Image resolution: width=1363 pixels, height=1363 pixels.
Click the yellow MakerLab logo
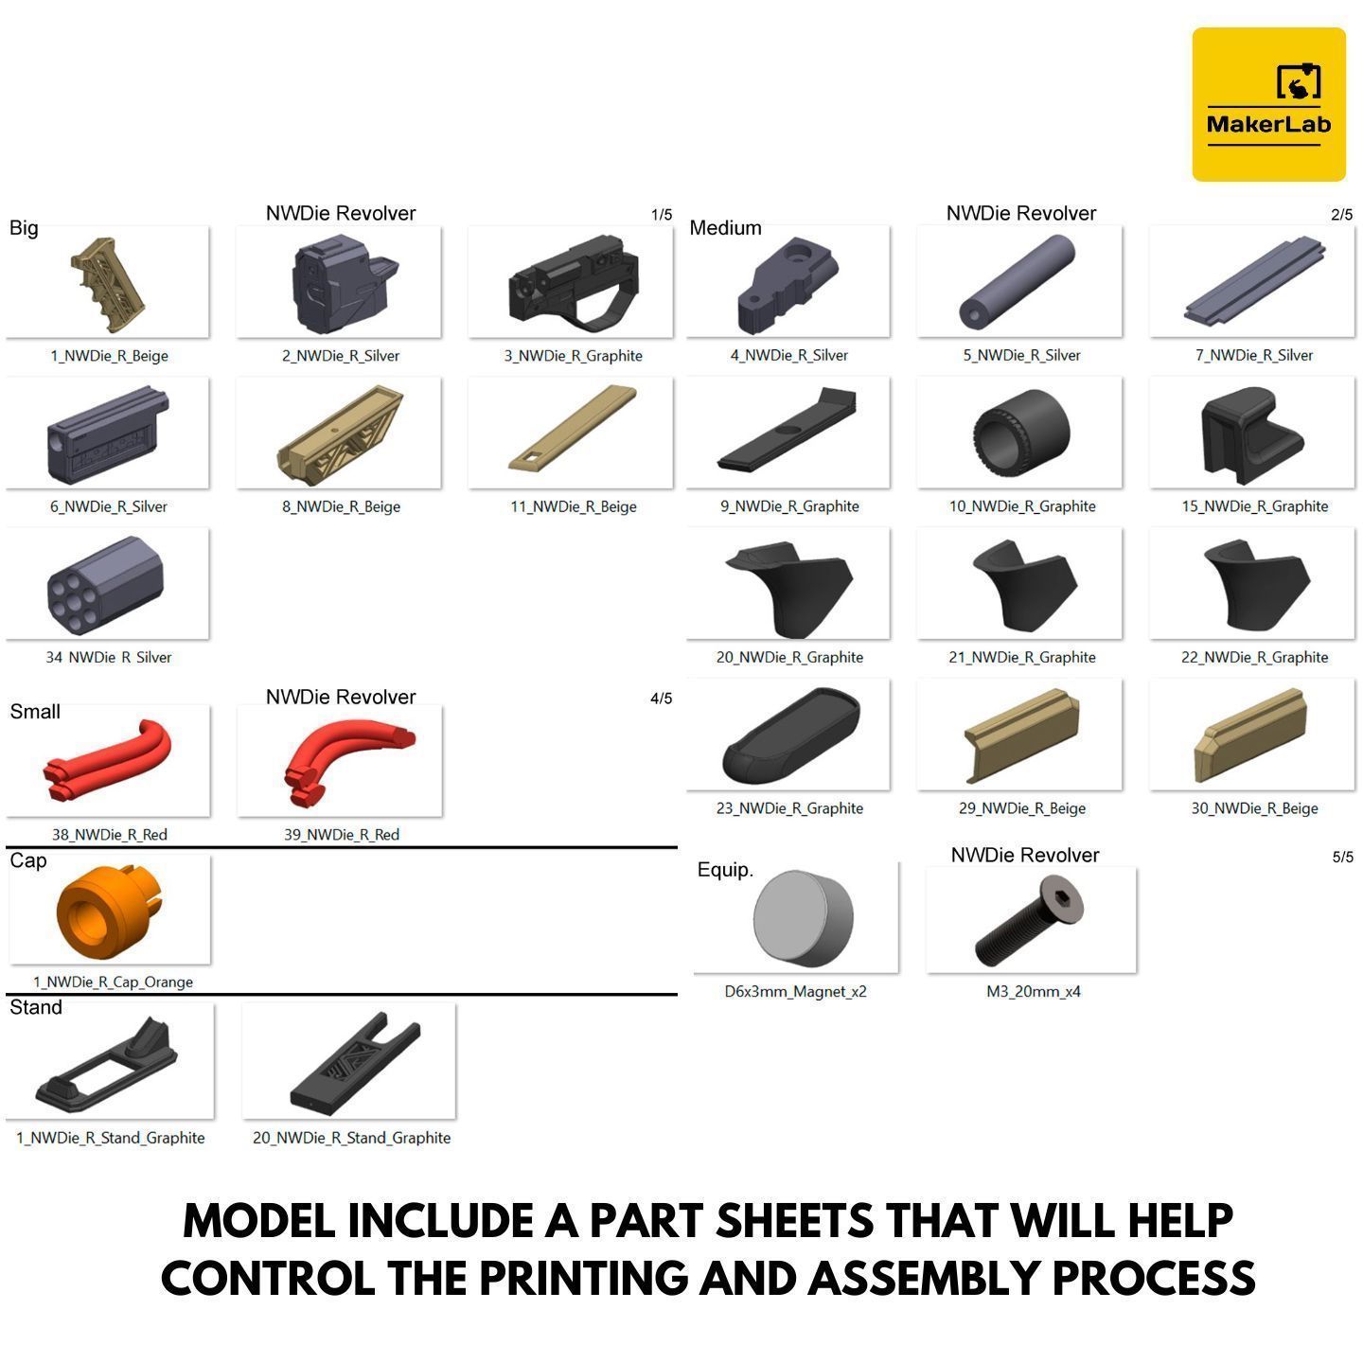pyautogui.click(x=1267, y=104)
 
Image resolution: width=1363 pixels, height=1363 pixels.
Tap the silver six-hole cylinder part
pyautogui.click(x=106, y=584)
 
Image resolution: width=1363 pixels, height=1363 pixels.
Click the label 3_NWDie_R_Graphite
pyautogui.click(x=573, y=356)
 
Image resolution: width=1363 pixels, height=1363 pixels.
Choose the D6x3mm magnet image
pyautogui.click(x=802, y=917)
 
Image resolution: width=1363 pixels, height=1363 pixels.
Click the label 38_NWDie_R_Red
pyautogui.click(x=109, y=835)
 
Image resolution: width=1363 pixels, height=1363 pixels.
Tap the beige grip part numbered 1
pyautogui.click(x=109, y=282)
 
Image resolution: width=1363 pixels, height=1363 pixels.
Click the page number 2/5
pyautogui.click(x=1341, y=216)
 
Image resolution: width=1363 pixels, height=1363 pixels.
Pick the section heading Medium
pyautogui.click(x=725, y=228)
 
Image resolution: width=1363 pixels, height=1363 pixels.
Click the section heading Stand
pyautogui.click(x=36, y=1008)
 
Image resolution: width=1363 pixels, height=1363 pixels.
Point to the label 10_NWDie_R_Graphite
pyautogui.click(x=1022, y=506)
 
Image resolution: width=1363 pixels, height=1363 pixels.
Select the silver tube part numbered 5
pyautogui.click(x=1018, y=282)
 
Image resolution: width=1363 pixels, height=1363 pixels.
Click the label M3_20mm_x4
pyautogui.click(x=1033, y=992)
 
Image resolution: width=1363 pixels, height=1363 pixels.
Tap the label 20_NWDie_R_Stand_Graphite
pyautogui.click(x=351, y=1138)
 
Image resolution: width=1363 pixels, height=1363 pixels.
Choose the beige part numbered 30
pyautogui.click(x=1251, y=735)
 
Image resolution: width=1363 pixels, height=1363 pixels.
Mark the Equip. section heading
pyautogui.click(x=725, y=870)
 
